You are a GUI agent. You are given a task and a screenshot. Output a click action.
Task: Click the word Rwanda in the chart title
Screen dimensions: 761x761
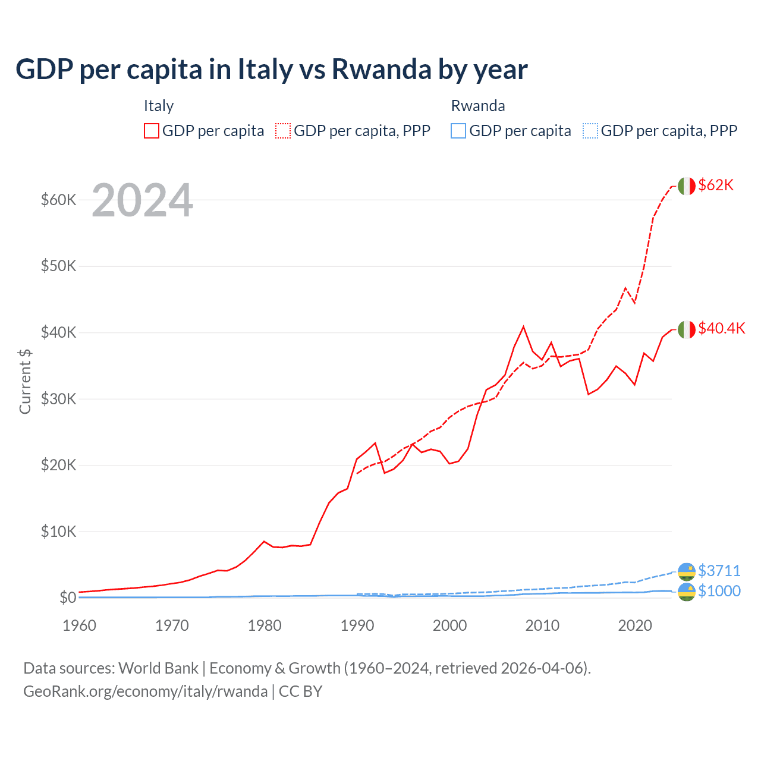click(x=381, y=69)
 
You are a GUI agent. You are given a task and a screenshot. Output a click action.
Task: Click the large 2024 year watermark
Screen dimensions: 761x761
click(x=142, y=200)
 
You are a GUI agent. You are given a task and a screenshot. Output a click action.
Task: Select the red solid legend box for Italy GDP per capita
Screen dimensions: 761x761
click(x=152, y=131)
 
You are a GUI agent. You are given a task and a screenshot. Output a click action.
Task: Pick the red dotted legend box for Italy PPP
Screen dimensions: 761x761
click(x=283, y=131)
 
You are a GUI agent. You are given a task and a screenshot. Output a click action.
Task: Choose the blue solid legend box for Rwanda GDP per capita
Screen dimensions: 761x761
click(x=458, y=131)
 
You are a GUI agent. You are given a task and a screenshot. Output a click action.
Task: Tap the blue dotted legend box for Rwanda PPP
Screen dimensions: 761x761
click(x=590, y=131)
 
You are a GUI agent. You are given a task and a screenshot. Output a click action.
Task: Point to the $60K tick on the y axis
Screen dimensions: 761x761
click(x=58, y=200)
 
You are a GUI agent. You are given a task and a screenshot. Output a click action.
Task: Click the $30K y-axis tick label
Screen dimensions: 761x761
click(x=58, y=399)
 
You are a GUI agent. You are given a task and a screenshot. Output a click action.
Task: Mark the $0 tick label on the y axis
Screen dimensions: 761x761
click(x=68, y=598)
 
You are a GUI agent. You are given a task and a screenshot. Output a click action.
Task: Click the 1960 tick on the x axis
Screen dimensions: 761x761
click(x=79, y=625)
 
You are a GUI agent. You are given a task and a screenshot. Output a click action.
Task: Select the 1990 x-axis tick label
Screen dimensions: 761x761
click(x=357, y=625)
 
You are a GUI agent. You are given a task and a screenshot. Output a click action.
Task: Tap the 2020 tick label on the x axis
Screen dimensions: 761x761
click(x=635, y=625)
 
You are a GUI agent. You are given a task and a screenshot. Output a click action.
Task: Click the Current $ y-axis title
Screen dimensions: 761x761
click(x=25, y=381)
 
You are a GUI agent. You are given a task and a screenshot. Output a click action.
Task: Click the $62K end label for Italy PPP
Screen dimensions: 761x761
click(x=716, y=185)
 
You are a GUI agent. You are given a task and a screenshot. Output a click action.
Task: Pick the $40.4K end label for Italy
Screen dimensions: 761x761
click(x=721, y=328)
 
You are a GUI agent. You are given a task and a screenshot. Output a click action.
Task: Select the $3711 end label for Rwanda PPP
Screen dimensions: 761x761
click(x=719, y=571)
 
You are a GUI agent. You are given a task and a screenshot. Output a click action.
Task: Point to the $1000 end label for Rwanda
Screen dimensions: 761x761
click(x=719, y=591)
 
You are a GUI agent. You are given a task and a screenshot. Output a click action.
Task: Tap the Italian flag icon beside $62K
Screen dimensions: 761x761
click(x=687, y=186)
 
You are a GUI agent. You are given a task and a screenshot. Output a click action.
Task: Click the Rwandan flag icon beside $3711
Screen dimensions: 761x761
click(x=687, y=571)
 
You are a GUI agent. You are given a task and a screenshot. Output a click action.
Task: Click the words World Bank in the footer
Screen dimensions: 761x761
click(x=158, y=668)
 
